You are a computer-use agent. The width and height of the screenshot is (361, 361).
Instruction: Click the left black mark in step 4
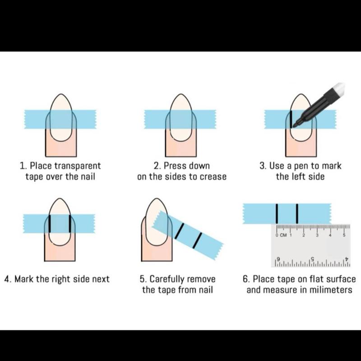pyautogui.click(x=50, y=224)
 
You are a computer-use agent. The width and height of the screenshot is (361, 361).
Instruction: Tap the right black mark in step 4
pyautogui.click(x=70, y=224)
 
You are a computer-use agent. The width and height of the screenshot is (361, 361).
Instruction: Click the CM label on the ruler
pyautogui.click(x=284, y=235)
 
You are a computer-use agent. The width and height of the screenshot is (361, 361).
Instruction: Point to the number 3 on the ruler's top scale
pyautogui.click(x=317, y=235)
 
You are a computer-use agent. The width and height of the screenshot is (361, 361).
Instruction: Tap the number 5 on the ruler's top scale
pyautogui.click(x=344, y=235)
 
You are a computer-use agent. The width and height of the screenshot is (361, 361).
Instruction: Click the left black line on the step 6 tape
pyautogui.click(x=277, y=213)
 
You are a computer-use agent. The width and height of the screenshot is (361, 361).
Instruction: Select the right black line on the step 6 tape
pyautogui.click(x=297, y=213)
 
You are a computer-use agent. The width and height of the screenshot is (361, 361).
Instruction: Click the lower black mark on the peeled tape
pyautogui.click(x=197, y=241)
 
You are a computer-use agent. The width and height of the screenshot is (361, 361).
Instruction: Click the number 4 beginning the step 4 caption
pyautogui.click(x=7, y=279)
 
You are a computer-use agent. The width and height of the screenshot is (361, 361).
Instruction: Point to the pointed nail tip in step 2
pyautogui.click(x=181, y=94)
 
